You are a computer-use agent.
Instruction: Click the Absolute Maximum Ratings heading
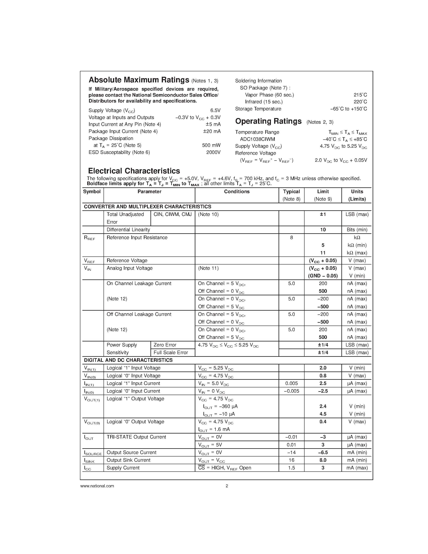pyautogui.click(x=139, y=80)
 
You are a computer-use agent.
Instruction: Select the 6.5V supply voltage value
pyautogui.click(x=215, y=110)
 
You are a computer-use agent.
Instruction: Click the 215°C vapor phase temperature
pyautogui.click(x=360, y=95)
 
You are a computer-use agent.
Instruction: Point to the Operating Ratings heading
pyautogui.click(x=268, y=121)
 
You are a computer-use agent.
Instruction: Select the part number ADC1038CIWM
pyautogui.click(x=257, y=139)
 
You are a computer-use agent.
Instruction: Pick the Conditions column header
pyautogui.click(x=237, y=192)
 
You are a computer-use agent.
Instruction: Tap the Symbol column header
pyautogui.click(x=92, y=192)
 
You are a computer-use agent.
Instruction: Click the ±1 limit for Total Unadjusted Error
pyautogui.click(x=323, y=214)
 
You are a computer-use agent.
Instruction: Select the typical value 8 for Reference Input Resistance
pyautogui.click(x=291, y=238)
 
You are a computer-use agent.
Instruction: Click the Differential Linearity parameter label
pyautogui.click(x=128, y=230)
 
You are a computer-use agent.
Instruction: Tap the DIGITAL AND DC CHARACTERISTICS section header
pyautogui.click(x=128, y=360)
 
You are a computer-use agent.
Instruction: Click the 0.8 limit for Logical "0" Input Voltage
pyautogui.click(x=323, y=376)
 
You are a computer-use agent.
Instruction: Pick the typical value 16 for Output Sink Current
pyautogui.click(x=291, y=460)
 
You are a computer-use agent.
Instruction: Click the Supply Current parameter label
pyautogui.click(x=123, y=468)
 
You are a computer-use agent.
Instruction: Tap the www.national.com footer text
pyautogui.click(x=97, y=486)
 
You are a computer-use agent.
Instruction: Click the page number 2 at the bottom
pyautogui.click(x=227, y=486)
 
